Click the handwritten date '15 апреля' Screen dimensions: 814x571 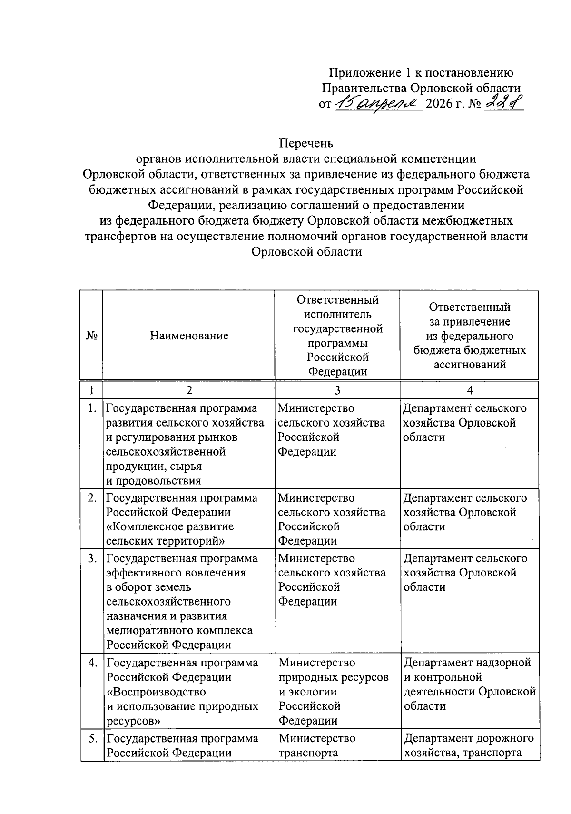tap(378, 103)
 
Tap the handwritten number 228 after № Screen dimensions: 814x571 tap(503, 102)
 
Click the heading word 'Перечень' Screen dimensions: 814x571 tap(306, 143)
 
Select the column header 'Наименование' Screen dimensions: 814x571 tap(189, 336)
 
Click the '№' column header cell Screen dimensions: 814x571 tap(92, 336)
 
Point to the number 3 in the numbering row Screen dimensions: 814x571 tap(337, 390)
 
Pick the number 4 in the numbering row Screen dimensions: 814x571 tap(469, 390)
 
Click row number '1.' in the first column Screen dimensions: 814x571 tap(93, 408)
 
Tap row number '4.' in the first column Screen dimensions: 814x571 tap(93, 663)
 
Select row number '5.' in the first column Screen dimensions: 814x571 tap(93, 738)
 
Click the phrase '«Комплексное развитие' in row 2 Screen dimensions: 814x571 tap(170, 526)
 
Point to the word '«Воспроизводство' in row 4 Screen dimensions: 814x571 tap(156, 691)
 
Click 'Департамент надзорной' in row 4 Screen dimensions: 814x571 tap(467, 663)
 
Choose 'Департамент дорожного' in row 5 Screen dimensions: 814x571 tap(469, 738)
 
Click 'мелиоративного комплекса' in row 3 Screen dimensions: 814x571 tap(179, 630)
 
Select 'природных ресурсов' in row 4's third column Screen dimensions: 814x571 tap(333, 677)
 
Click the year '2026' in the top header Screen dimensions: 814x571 tap(439, 103)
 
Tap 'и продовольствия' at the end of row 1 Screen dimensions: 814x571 tap(153, 480)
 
